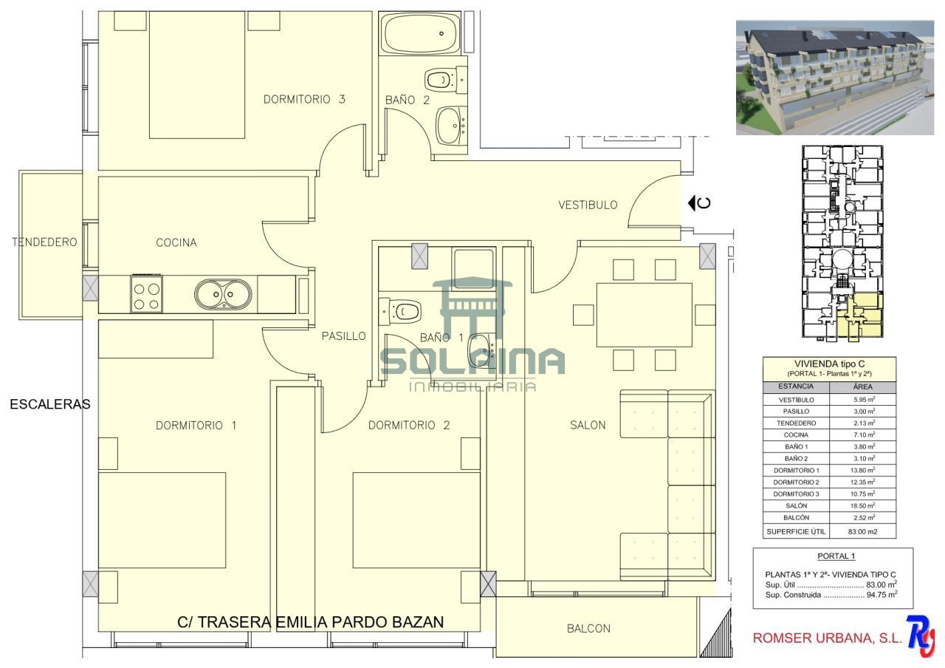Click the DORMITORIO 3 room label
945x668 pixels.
click(x=304, y=99)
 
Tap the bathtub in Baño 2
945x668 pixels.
click(x=420, y=34)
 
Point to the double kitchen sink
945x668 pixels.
click(x=223, y=294)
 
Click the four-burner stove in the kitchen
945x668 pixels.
click(x=147, y=294)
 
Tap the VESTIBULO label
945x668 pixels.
click(x=588, y=205)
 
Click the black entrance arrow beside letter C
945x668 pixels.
click(x=691, y=203)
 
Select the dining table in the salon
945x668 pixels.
click(x=645, y=315)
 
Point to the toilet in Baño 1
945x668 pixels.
click(x=400, y=312)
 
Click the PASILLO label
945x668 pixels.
click(x=343, y=336)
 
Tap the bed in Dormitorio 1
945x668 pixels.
click(x=162, y=520)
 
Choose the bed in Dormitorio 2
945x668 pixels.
click(x=416, y=520)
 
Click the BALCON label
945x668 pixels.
click(x=588, y=629)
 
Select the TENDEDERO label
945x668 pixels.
click(x=44, y=242)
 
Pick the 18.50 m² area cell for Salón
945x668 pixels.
click(x=863, y=505)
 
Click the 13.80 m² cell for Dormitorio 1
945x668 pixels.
click(x=863, y=470)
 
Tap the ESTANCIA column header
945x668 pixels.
click(x=796, y=386)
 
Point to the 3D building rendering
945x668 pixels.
click(x=835, y=78)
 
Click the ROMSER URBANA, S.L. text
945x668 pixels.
click(x=828, y=638)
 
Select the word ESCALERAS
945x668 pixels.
click(x=50, y=404)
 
